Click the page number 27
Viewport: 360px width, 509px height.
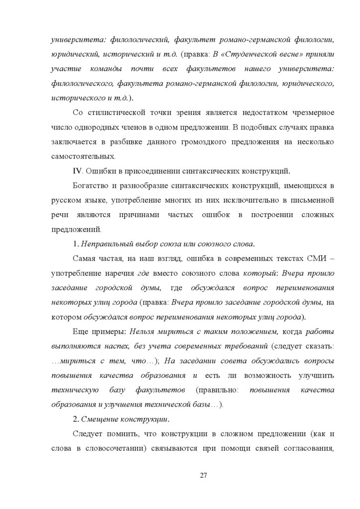pyautogui.click(x=203, y=475)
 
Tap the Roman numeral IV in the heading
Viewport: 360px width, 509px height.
pyautogui.click(x=77, y=171)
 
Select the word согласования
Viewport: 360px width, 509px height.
pyautogui.click(x=309, y=447)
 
